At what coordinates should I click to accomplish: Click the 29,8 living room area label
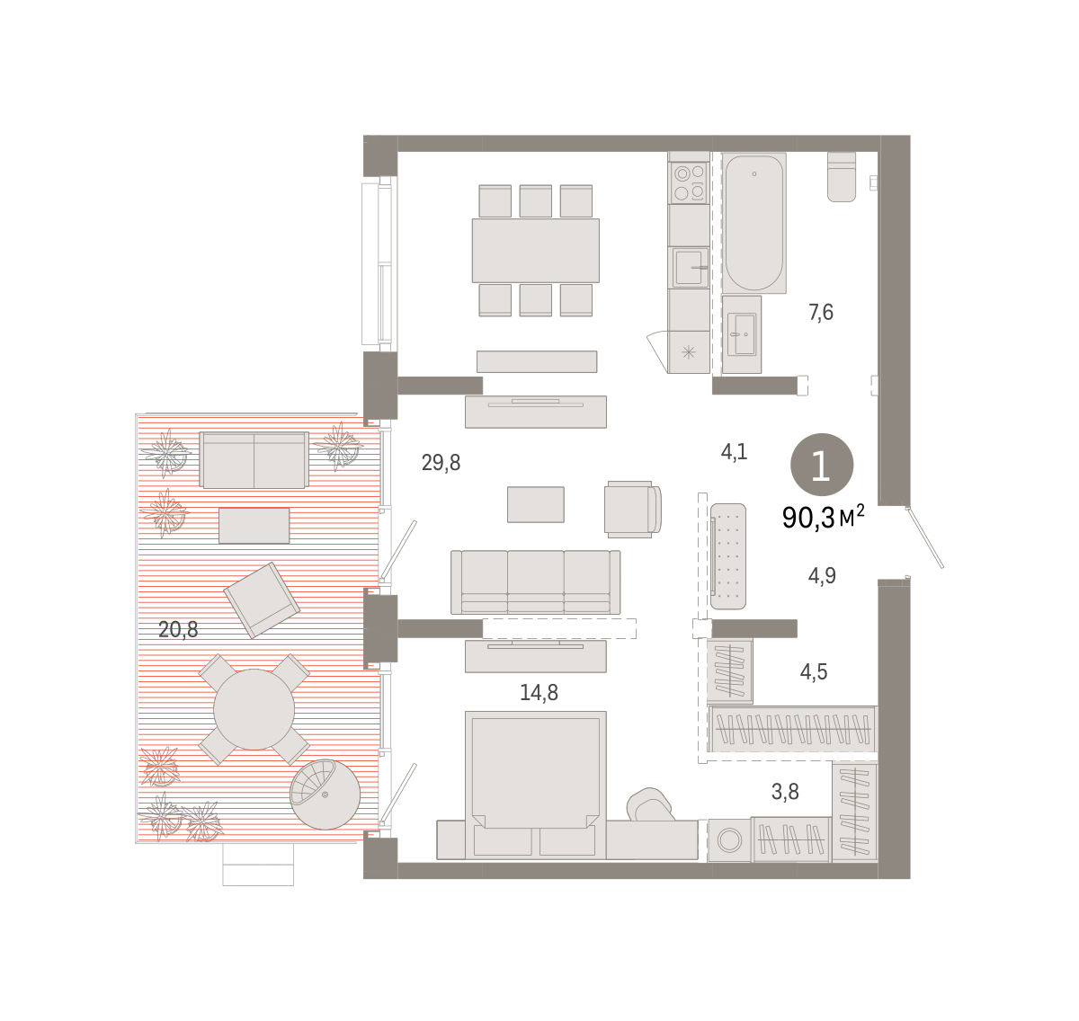pos(441,463)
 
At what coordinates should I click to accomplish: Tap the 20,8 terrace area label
pos(178,629)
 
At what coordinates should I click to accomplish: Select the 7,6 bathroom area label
pos(821,312)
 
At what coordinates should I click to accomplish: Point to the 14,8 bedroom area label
pos(539,693)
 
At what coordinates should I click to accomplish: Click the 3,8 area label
pos(785,792)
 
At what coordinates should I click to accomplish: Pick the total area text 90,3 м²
pos(824,518)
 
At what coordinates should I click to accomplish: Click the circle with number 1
pos(822,465)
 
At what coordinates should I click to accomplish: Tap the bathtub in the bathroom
pos(754,222)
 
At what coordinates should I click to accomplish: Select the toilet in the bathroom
pos(842,177)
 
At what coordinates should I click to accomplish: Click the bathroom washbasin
pos(742,334)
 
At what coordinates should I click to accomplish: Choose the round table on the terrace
pos(254,709)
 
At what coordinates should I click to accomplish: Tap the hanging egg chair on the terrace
pos(325,794)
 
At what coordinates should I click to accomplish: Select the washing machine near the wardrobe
pos(729,840)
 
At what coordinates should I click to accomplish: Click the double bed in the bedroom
pos(536,785)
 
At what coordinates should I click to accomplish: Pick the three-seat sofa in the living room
pos(536,582)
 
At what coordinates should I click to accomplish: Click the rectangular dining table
pos(536,250)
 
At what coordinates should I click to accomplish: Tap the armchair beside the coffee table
pos(633,508)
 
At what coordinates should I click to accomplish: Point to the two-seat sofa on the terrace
pos(254,460)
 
